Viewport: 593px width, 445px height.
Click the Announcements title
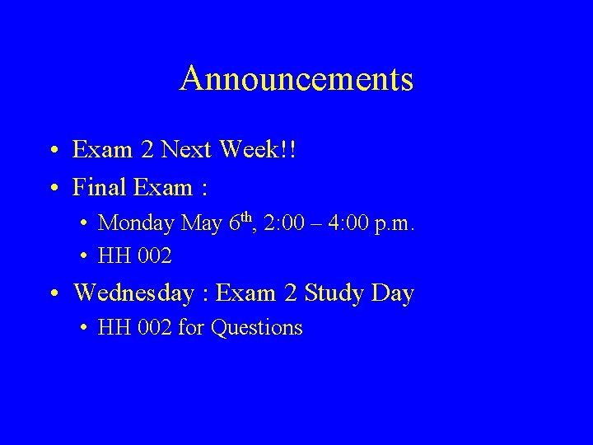tap(296, 79)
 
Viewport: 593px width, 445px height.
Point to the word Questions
tap(257, 328)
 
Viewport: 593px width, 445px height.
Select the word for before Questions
tap(191, 328)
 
